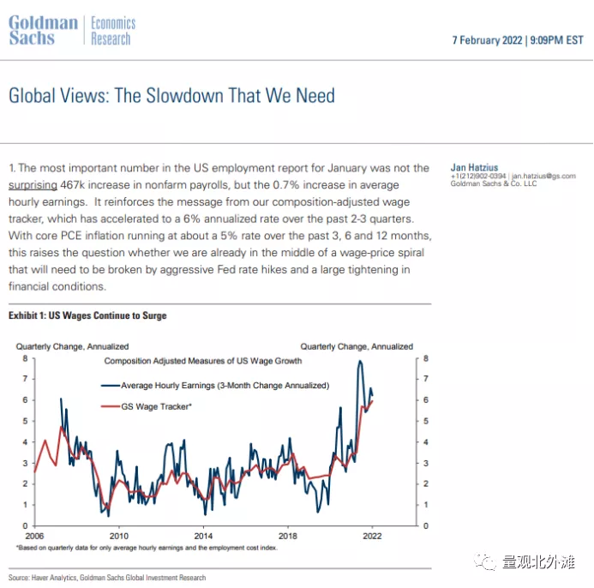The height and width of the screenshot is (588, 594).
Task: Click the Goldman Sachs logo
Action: (x=43, y=31)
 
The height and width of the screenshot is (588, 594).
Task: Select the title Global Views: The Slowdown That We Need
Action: (x=171, y=95)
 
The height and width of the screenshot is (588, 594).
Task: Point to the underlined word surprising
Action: (x=33, y=184)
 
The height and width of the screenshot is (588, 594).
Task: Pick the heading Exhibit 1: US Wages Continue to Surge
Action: (x=87, y=315)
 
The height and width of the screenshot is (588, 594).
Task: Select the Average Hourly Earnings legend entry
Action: (x=225, y=386)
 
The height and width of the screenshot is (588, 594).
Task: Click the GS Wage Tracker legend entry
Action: (x=156, y=405)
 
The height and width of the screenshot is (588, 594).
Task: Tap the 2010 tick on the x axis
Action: (x=118, y=532)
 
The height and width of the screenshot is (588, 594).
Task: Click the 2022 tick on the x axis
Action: (x=371, y=532)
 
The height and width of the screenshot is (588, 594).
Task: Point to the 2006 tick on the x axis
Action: (x=33, y=532)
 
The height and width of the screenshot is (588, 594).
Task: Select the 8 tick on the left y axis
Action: (x=25, y=357)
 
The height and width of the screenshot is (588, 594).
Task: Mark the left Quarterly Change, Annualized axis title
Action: (x=72, y=346)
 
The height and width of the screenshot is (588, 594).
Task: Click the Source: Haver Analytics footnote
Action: (x=107, y=578)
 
